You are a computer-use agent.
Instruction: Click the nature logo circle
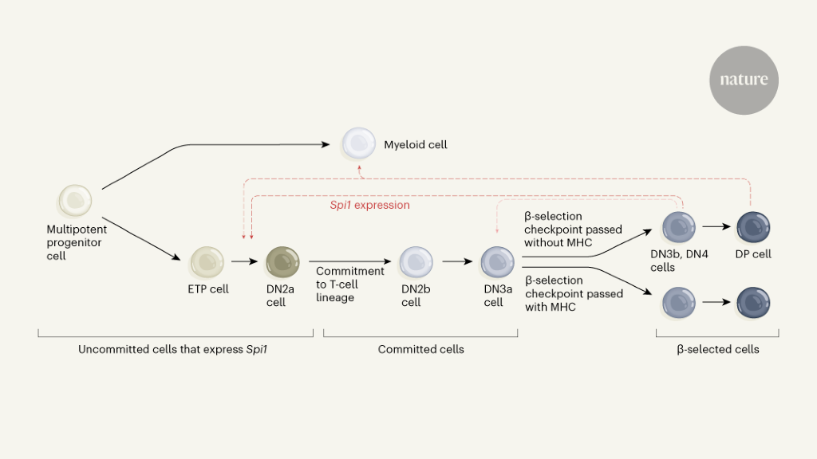[x=744, y=80]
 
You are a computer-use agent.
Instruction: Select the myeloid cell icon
[x=358, y=144]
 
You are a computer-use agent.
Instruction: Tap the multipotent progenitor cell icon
[x=75, y=201]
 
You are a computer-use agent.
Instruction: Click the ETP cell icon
[x=207, y=261]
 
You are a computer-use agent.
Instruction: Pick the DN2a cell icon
[x=282, y=261]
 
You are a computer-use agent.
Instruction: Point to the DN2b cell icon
[x=416, y=261]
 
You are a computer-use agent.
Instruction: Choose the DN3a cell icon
[x=497, y=261]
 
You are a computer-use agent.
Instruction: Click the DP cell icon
[x=752, y=227]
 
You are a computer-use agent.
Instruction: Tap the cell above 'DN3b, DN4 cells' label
[x=678, y=227]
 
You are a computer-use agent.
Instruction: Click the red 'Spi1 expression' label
[x=369, y=206]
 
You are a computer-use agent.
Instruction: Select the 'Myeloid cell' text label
[x=416, y=145]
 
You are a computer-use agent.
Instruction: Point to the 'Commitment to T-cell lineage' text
[x=349, y=284]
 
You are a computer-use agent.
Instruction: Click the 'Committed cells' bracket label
[x=420, y=349]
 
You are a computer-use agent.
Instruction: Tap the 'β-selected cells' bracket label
[x=717, y=349]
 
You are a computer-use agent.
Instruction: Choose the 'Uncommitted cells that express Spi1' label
[x=172, y=349]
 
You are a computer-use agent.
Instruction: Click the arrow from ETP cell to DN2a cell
[x=244, y=261]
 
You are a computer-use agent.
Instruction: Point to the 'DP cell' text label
[x=752, y=254]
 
